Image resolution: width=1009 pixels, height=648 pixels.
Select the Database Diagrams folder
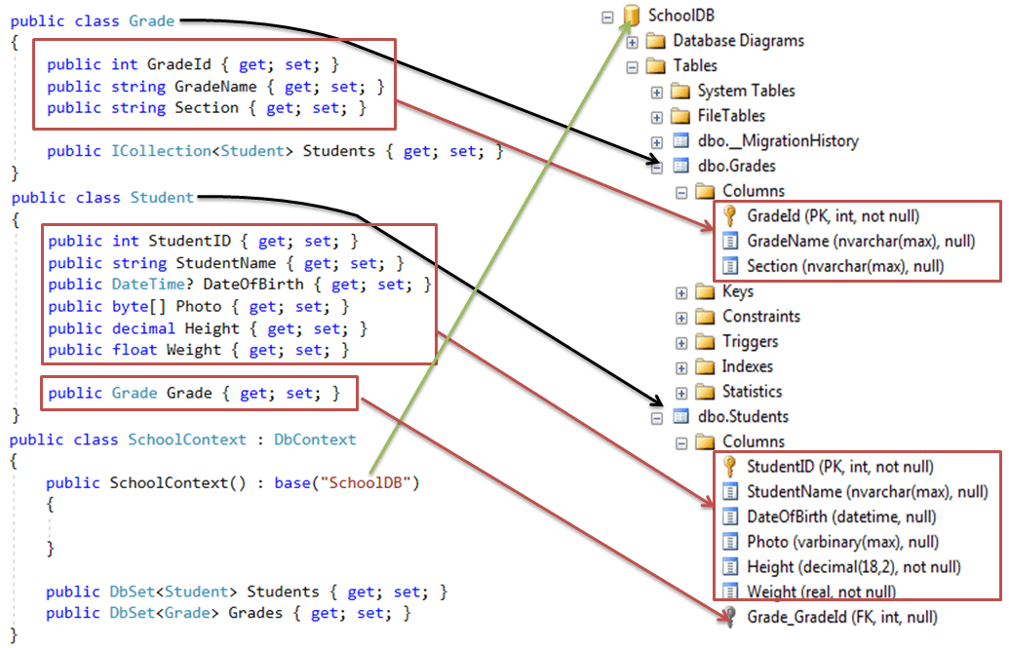(738, 41)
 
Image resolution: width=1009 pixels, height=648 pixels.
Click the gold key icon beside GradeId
(729, 216)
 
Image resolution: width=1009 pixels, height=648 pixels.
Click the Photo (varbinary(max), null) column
(842, 542)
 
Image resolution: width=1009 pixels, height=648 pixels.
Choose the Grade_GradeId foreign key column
(842, 617)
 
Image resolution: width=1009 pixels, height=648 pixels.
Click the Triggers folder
(750, 342)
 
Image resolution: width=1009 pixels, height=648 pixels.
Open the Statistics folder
(752, 392)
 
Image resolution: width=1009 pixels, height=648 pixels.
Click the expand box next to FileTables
(657, 116)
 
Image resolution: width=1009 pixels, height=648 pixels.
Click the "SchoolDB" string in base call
(371, 483)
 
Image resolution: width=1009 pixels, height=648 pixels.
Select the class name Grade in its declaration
(151, 20)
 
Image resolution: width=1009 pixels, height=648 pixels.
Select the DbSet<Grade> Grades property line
(228, 614)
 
